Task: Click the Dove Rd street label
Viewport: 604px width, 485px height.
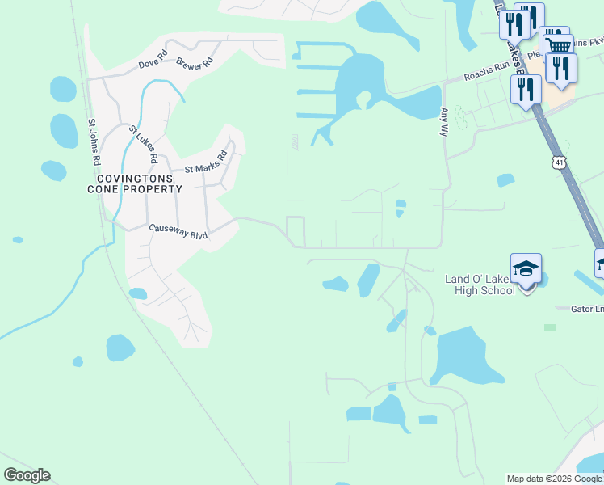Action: (152, 58)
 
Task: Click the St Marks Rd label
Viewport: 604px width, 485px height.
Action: (207, 162)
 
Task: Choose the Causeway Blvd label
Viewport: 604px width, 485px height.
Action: (178, 232)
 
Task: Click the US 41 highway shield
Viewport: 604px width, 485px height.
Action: (559, 163)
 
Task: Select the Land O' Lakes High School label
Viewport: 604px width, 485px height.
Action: (479, 285)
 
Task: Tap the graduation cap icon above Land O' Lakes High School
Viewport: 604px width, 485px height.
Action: (525, 268)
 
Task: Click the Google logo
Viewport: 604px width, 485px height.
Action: (27, 475)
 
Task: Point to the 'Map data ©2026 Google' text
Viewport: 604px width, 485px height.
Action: (554, 479)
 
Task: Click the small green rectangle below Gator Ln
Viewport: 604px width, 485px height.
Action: (550, 327)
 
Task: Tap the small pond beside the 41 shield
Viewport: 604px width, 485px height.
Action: (505, 179)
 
